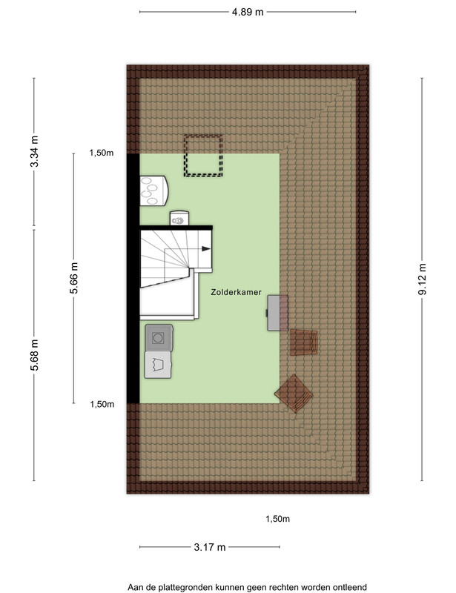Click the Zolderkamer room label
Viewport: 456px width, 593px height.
click(x=236, y=292)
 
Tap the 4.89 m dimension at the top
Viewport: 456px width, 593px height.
click(x=248, y=12)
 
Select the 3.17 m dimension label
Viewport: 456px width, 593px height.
click(x=210, y=547)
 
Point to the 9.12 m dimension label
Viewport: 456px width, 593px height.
click(x=422, y=279)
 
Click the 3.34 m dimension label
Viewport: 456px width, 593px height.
click(x=34, y=151)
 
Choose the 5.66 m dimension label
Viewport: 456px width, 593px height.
click(x=73, y=278)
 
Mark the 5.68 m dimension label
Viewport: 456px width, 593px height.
click(x=34, y=355)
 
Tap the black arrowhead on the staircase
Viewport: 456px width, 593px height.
click(x=206, y=249)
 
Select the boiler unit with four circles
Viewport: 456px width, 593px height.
click(x=154, y=191)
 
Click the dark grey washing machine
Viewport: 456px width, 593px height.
click(x=159, y=337)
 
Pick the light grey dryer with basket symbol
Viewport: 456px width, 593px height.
click(x=158, y=365)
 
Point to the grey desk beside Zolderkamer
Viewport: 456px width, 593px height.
click(x=277, y=313)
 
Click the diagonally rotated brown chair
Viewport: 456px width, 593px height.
click(x=294, y=394)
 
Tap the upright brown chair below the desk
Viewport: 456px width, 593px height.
click(x=303, y=342)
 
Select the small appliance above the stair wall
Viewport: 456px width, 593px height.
click(x=179, y=218)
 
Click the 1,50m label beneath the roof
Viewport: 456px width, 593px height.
click(x=278, y=519)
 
